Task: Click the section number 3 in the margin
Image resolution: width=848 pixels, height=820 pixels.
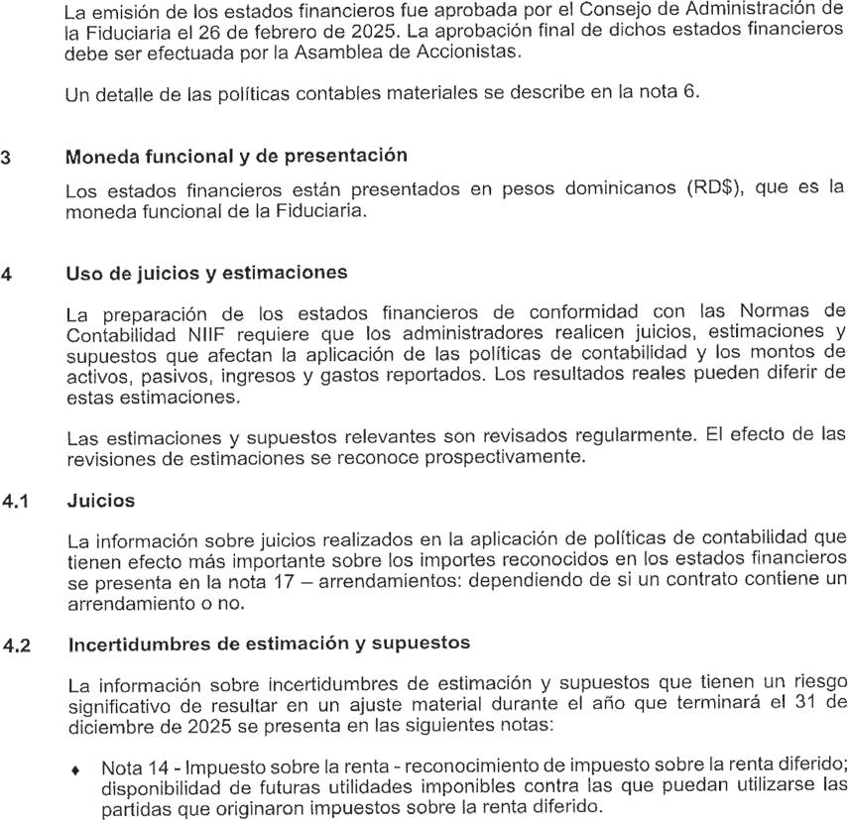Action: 8,156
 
